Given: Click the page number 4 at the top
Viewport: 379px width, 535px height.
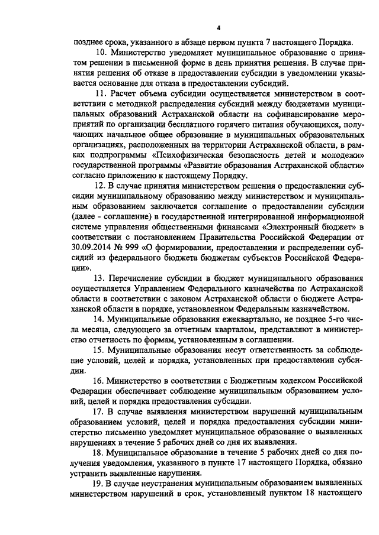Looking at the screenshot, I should pyautogui.click(x=219, y=28).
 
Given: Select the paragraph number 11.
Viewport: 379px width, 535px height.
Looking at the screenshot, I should pyautogui.click(x=99, y=93).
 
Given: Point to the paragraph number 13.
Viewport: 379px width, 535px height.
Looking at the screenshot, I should pyautogui.click(x=100, y=277).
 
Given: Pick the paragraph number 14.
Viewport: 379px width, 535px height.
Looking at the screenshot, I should pyautogui.click(x=100, y=319).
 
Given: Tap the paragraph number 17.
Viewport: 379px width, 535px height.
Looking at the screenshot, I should pyautogui.click(x=100, y=410).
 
